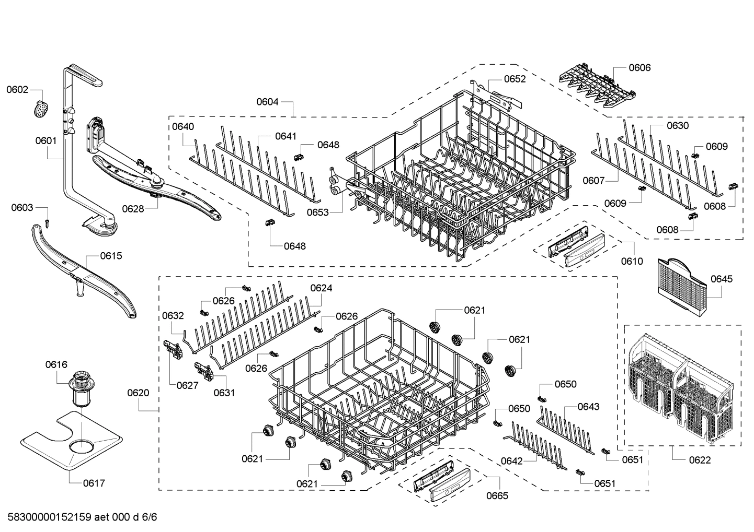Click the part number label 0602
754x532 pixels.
point(17,90)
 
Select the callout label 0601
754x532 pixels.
point(46,140)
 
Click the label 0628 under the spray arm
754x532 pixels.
point(133,209)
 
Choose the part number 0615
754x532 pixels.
point(111,256)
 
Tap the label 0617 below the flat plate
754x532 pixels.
point(94,483)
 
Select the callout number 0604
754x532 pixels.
point(267,102)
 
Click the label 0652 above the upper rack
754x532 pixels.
point(515,79)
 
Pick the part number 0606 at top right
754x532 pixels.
point(639,67)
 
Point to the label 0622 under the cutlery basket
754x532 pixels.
point(700,460)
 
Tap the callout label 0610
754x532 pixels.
point(632,261)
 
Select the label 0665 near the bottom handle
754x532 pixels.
point(497,495)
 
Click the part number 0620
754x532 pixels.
point(138,393)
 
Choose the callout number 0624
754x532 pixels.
point(321,288)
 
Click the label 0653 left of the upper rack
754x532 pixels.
point(317,212)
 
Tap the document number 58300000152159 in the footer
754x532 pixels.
point(50,517)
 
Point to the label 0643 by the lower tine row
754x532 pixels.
point(588,407)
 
